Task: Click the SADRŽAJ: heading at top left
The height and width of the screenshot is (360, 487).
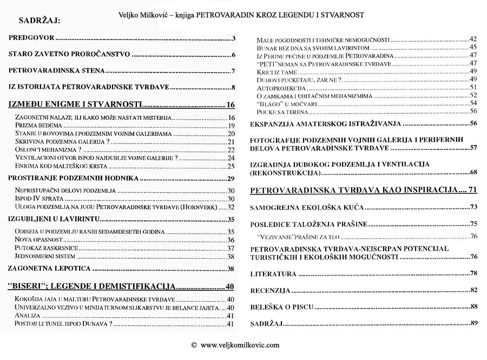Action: [40, 22]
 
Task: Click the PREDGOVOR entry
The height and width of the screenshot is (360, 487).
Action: [32, 38]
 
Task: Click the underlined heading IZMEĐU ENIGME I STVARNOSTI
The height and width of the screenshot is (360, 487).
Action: [76, 104]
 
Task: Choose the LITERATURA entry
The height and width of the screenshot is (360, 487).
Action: [273, 274]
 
